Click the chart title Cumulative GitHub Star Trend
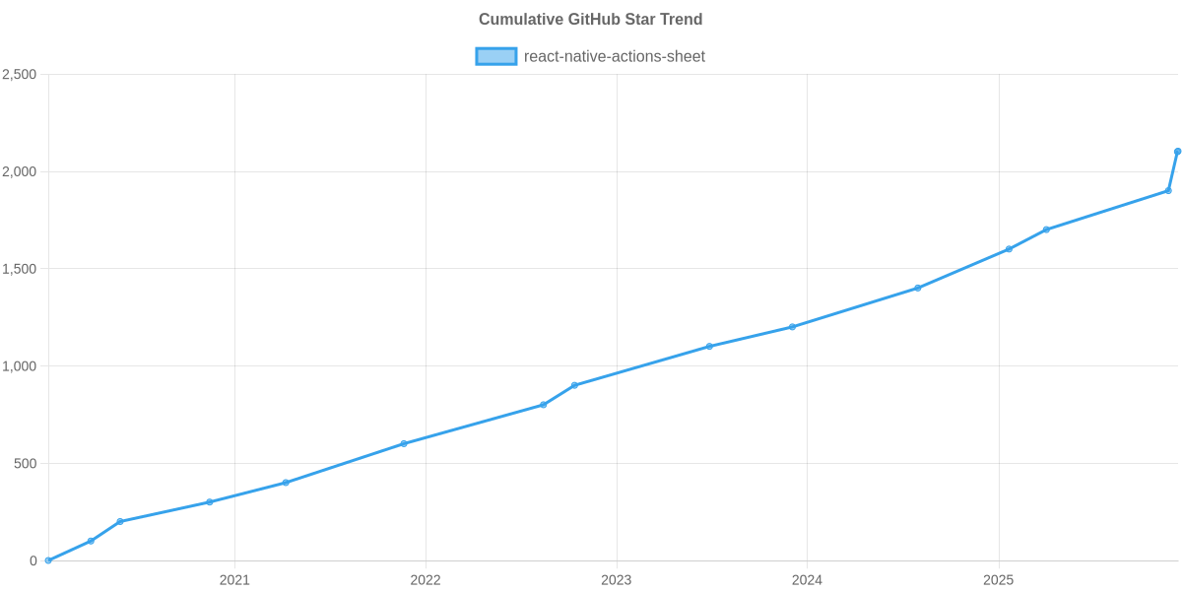pos(590,20)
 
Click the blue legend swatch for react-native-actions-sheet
pos(495,56)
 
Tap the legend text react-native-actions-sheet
pos(615,56)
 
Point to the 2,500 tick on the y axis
pos(20,75)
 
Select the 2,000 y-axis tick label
pos(20,172)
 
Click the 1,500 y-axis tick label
pos(20,270)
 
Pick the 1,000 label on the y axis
pos(20,366)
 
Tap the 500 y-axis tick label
pos(24,464)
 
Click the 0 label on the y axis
pos(33,561)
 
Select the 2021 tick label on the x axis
pos(234,580)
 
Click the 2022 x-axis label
pos(426,580)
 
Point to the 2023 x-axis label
pos(617,580)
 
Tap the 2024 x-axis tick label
pos(808,580)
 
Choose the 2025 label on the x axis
pos(999,580)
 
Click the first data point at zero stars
pos(47,560)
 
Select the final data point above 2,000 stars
pos(1177,151)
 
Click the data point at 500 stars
pos(404,443)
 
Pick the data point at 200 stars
pos(119,521)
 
